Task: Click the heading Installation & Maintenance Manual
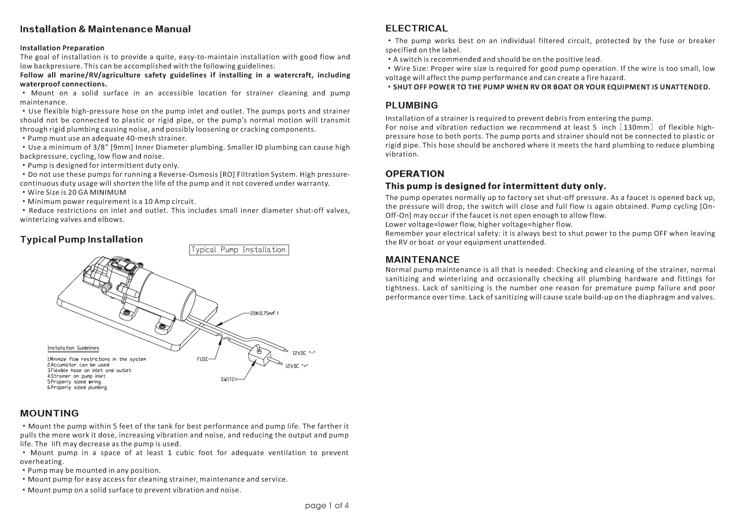pos(105,29)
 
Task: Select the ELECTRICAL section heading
pos(416,29)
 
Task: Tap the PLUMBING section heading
pos(411,106)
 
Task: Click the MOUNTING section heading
pos(49,413)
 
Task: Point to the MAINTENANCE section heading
pos(423,259)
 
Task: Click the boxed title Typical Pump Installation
pos(238,250)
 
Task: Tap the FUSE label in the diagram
pos(202,359)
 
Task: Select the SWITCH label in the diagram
pos(229,379)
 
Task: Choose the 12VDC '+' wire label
pos(296,366)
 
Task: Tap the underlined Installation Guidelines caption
pos(73,348)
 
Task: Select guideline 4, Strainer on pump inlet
pos(76,376)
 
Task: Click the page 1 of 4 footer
pos(326,506)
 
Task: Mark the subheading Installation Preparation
pos(62,48)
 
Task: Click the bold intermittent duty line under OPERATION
pos(496,186)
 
